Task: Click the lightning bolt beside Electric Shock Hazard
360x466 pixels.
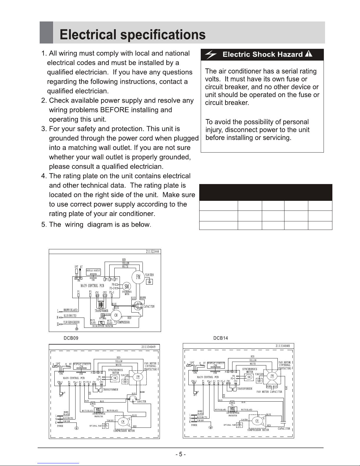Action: point(211,55)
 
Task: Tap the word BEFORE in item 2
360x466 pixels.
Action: point(114,110)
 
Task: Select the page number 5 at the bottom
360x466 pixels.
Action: point(180,455)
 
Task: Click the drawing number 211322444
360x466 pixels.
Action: point(153,251)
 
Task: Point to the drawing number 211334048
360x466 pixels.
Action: point(283,346)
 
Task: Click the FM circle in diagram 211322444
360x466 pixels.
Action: point(138,277)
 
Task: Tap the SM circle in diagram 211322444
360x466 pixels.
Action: point(127,286)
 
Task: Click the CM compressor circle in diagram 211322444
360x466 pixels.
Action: point(116,315)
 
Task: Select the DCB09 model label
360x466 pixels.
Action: point(71,338)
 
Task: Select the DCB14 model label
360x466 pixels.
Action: point(221,338)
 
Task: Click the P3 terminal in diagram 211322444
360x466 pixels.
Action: point(91,295)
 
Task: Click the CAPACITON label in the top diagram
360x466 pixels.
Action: point(149,306)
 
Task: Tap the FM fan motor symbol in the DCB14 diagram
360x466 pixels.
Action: point(272,376)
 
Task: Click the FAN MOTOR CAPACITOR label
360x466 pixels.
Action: point(269,392)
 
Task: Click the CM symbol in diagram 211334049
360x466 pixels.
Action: point(123,421)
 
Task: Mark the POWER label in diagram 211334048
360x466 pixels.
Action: point(194,425)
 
